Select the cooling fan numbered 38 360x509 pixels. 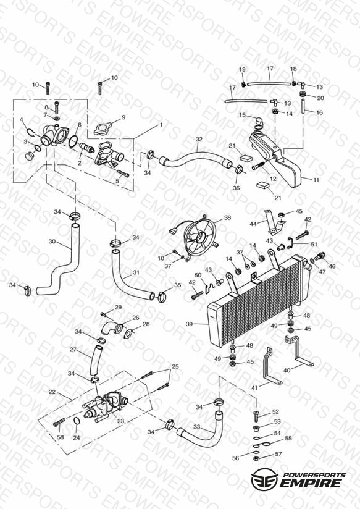pyautogui.click(x=199, y=235)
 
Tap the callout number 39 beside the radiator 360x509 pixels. pyautogui.click(x=190, y=324)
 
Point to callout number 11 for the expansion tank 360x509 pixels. pyautogui.click(x=316, y=180)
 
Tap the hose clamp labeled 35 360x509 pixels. pyautogui.click(x=164, y=296)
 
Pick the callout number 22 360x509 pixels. pyautogui.click(x=52, y=392)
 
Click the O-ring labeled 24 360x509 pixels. pyautogui.click(x=77, y=421)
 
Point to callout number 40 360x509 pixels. pyautogui.click(x=287, y=370)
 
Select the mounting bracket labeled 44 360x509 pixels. pyautogui.click(x=274, y=222)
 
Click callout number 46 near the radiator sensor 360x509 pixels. pyautogui.click(x=332, y=266)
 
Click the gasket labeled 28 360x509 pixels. pyautogui.click(x=129, y=334)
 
